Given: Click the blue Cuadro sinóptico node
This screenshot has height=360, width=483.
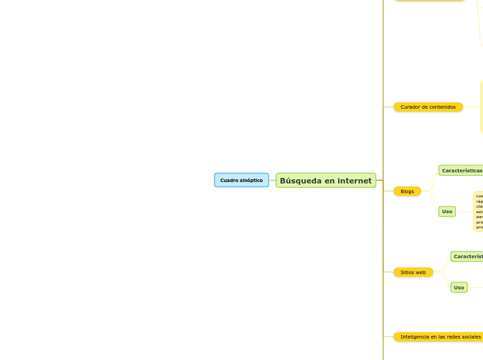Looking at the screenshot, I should pos(241,180).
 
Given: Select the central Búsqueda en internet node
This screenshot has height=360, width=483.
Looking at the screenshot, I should pos(326,181).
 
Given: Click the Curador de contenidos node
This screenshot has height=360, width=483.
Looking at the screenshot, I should pos(428,107).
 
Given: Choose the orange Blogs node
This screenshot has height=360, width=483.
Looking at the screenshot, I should pos(407,191).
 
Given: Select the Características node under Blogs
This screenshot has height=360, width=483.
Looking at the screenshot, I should pos(462,170).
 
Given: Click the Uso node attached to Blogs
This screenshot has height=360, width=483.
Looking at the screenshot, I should pos(447,211).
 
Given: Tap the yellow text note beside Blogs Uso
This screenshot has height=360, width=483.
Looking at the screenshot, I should pos(479,211).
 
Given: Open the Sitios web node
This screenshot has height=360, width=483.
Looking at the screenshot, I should pos(413,272).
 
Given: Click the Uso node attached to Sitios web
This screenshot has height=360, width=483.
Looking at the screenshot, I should pos(459,287).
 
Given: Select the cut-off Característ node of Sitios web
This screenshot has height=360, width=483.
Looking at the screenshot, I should pos(468,256).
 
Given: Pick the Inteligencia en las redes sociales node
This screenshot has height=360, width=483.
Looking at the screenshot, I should pos(440,336).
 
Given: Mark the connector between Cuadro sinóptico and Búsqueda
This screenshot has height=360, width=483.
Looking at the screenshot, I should pos(272,180).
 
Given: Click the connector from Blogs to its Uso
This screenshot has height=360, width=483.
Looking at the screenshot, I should pos(430,202).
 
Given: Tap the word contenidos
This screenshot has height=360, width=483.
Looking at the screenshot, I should pos(444,107).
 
